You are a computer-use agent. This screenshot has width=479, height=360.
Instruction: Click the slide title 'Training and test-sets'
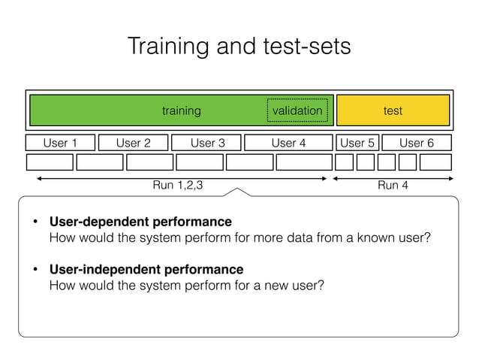239,47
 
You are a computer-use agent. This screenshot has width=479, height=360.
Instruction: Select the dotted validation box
297,110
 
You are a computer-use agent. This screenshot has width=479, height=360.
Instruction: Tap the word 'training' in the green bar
182,110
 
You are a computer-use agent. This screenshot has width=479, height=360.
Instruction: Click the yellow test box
393,110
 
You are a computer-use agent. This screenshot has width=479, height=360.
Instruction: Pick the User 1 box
61,143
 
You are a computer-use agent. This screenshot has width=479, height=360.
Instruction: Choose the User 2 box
134,143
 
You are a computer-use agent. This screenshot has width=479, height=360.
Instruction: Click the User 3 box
207,143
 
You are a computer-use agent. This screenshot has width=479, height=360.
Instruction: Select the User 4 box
288,143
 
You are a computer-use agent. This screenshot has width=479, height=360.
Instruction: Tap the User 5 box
357,143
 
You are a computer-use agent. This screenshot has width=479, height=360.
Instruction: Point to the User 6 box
417,143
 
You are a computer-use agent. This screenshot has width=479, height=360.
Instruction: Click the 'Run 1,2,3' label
178,185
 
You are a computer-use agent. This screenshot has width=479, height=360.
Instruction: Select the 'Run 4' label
393,185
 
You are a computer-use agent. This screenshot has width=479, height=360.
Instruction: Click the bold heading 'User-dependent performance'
140,222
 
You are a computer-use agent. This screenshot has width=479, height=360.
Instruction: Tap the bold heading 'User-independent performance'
146,269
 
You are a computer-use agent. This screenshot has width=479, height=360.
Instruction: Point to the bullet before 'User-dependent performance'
35,222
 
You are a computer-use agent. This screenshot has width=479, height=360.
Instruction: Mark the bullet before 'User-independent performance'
35,270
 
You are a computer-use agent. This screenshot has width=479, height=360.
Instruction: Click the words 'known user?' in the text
397,238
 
